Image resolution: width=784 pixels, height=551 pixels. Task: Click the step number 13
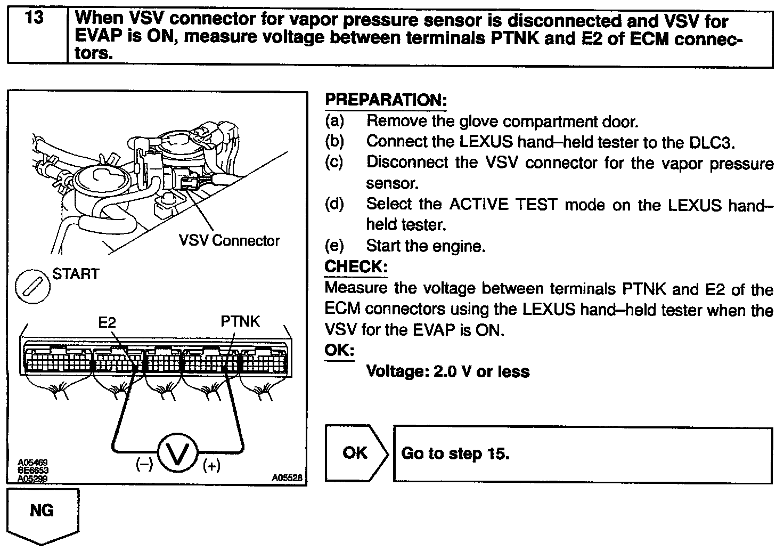(x=35, y=18)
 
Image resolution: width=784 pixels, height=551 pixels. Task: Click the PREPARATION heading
(x=386, y=100)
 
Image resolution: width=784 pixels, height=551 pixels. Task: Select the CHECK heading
(x=356, y=266)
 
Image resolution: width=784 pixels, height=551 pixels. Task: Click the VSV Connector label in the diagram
(x=229, y=241)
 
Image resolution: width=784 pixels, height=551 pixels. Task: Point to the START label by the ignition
(x=76, y=274)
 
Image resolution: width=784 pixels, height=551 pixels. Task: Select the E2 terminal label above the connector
(x=107, y=322)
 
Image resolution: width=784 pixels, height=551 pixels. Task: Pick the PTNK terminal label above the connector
(x=240, y=322)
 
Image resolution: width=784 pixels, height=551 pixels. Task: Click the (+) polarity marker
(x=211, y=466)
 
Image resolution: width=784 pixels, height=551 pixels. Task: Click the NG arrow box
(x=42, y=512)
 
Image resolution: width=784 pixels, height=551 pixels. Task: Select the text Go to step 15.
(x=455, y=453)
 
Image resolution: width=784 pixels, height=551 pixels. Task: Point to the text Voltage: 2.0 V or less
(x=448, y=371)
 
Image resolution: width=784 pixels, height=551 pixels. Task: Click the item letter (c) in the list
(x=334, y=162)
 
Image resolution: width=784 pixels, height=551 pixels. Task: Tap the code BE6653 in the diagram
(x=32, y=471)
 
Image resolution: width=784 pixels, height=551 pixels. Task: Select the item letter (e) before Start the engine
(x=334, y=246)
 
